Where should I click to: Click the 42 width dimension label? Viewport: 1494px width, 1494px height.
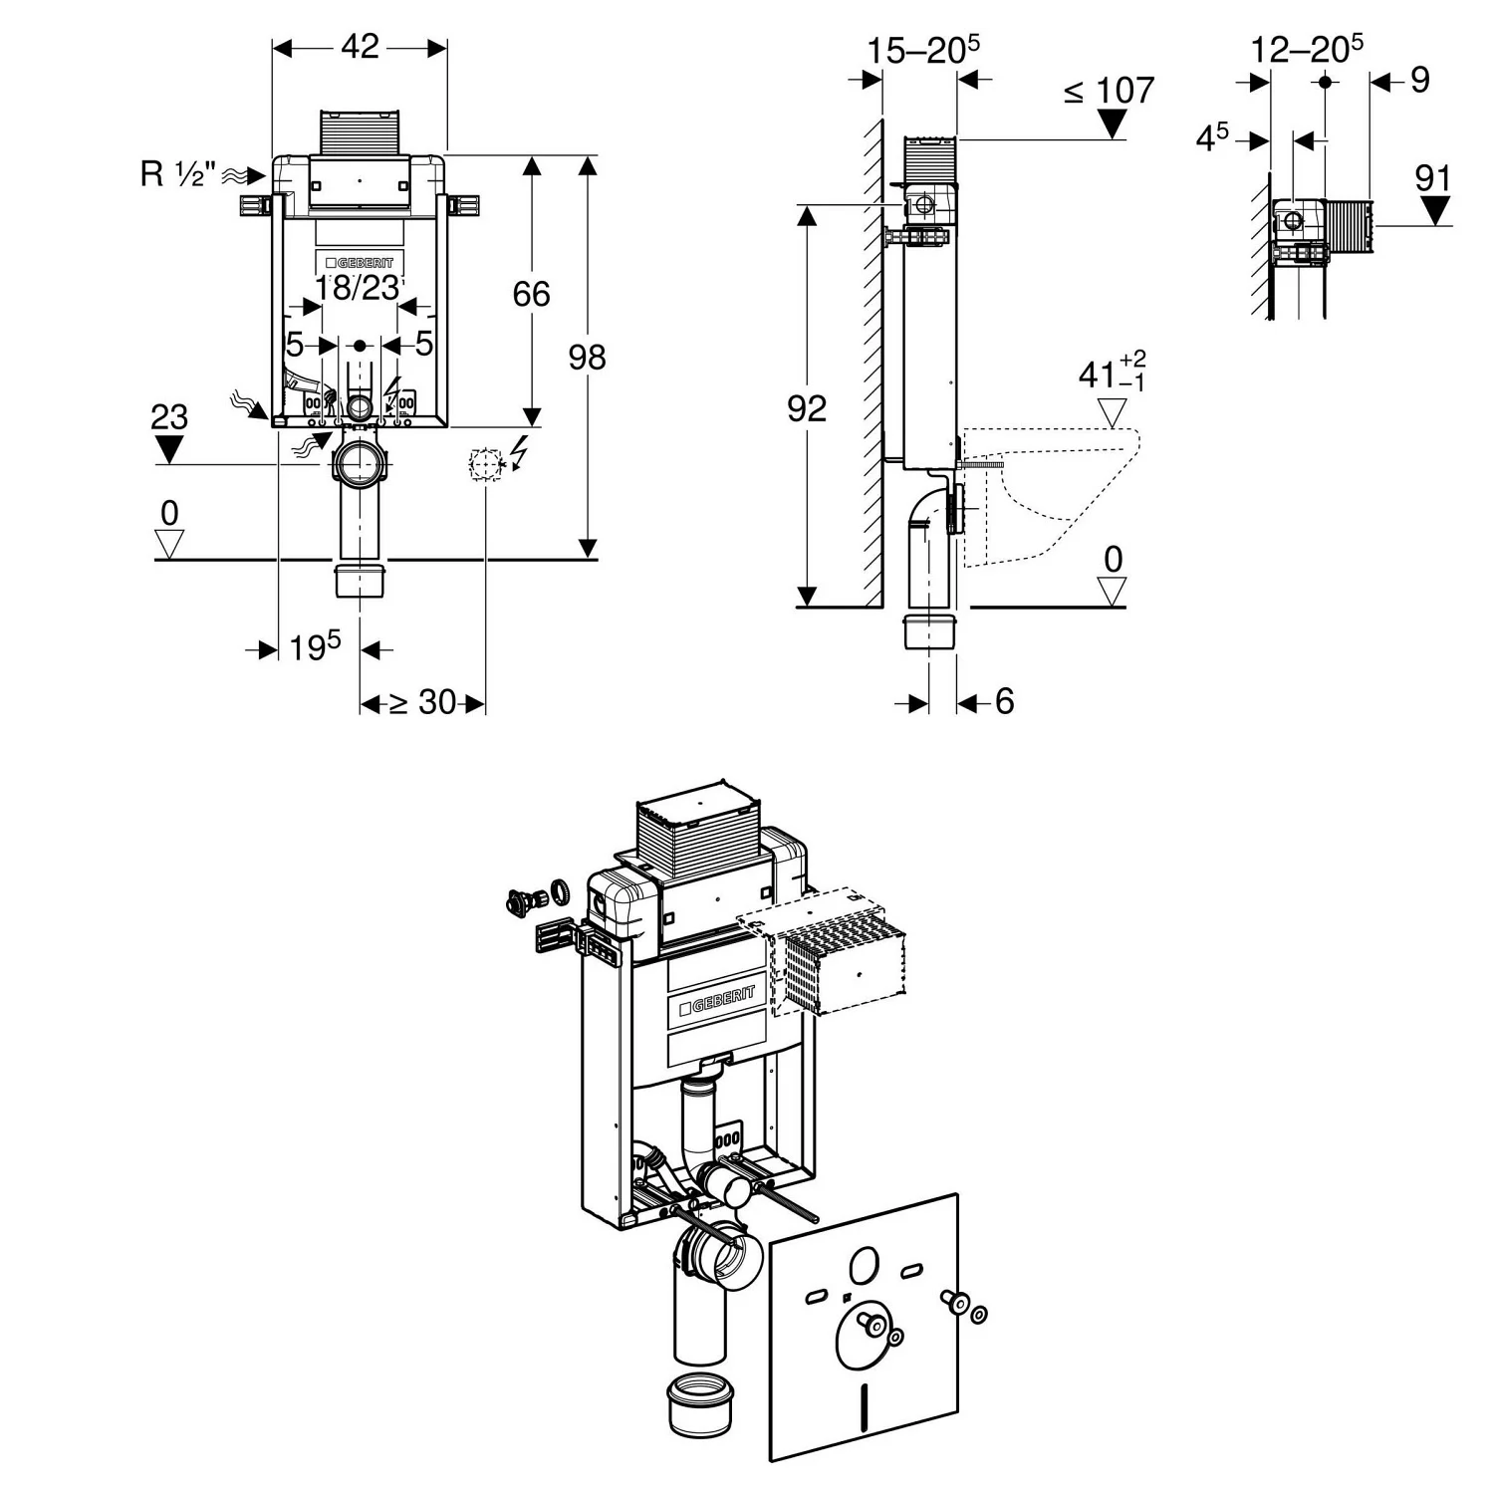tap(360, 46)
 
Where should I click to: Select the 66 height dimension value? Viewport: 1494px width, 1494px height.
tap(531, 294)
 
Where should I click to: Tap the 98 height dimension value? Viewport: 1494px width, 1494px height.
tap(587, 357)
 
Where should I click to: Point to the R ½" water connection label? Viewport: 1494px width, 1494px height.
tap(177, 174)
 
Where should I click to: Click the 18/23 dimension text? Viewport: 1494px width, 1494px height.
tap(357, 288)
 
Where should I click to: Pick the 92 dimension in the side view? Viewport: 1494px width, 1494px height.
tap(806, 407)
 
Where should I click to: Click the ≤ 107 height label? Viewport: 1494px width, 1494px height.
tap(1109, 92)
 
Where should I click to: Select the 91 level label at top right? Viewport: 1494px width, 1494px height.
tap(1433, 178)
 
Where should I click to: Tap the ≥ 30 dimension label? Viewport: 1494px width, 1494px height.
tap(421, 702)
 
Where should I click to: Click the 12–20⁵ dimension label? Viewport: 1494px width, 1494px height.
tap(1307, 48)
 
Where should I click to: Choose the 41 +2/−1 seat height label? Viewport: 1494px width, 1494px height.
tap(1112, 373)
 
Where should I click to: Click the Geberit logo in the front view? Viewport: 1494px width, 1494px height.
tap(360, 263)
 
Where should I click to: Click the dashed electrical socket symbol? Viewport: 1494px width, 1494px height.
tap(485, 464)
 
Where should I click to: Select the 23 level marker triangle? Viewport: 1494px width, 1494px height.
tap(169, 449)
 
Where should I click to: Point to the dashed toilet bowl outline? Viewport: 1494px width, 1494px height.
tap(1056, 488)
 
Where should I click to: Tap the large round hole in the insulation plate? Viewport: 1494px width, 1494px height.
tap(863, 1265)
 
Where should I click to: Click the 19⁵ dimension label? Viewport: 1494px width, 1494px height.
tap(315, 647)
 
